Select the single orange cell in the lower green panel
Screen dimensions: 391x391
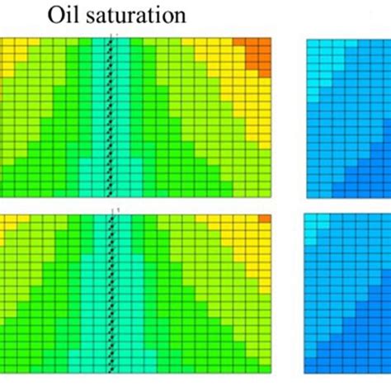tap(265, 219)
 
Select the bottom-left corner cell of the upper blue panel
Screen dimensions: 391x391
tap(314, 192)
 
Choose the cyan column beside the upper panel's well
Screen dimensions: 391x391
tap(103, 115)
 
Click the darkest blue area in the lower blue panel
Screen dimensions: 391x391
tap(375, 363)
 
